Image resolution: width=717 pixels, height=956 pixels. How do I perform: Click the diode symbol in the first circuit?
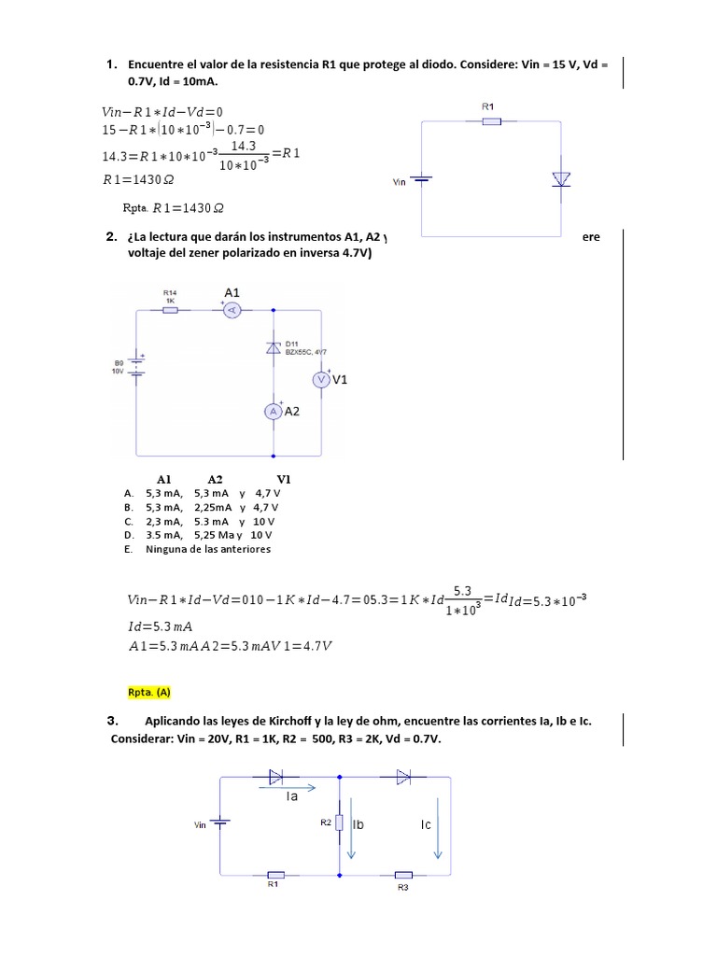click(561, 178)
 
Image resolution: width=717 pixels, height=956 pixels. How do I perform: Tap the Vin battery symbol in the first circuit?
click(422, 181)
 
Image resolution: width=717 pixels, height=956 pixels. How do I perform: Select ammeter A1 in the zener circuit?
click(233, 309)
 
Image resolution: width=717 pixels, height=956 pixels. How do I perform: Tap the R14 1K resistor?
click(171, 309)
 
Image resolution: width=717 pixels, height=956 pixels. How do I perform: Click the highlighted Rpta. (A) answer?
click(149, 692)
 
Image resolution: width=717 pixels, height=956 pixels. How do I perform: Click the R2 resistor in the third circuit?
click(339, 822)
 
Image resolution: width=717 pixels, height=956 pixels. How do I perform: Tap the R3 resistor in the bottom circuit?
click(403, 876)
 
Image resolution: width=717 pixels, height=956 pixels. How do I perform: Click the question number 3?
click(111, 721)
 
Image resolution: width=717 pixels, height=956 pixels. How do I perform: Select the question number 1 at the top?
click(111, 64)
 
